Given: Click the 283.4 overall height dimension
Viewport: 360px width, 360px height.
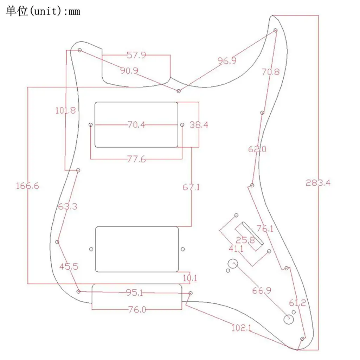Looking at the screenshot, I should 318,183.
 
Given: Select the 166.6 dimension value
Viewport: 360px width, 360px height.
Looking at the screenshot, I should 27,186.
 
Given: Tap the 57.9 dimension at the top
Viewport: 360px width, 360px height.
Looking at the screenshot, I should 136,55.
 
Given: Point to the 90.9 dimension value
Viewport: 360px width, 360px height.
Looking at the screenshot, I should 129,71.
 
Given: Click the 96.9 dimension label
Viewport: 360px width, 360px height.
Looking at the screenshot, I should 227,60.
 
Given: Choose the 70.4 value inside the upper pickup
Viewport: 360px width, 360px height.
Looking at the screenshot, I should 136,125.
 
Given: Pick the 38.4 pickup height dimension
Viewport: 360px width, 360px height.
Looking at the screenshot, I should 199,125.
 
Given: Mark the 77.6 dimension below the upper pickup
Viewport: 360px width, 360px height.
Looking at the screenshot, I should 136,159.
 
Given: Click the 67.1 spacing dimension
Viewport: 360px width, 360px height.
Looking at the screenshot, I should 191,187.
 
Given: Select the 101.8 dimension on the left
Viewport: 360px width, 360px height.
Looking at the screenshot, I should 65,110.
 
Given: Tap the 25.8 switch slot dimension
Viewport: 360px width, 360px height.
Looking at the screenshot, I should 245,240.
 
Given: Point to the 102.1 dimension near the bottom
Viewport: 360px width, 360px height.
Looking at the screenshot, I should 241,328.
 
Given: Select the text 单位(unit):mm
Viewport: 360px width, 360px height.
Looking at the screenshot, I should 43,11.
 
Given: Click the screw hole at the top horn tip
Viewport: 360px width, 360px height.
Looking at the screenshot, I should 276,31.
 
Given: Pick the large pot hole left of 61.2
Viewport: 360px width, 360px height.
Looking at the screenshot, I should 288,319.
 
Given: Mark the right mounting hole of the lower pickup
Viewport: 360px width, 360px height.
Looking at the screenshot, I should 182,249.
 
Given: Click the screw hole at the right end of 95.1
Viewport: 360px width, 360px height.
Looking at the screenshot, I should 191,293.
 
